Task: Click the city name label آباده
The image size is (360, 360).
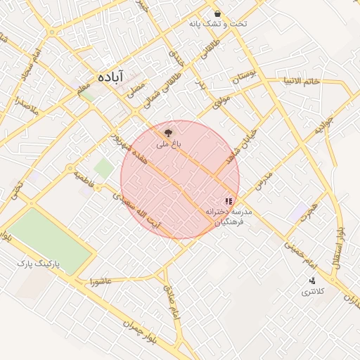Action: tap(112, 75)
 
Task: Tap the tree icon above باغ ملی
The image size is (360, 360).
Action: tap(168, 131)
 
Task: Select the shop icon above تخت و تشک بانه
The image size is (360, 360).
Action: tap(218, 13)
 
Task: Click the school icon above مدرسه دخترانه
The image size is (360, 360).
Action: tap(227, 201)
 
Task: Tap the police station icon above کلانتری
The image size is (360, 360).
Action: tap(312, 281)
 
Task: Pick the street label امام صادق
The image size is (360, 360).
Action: tap(173, 301)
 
